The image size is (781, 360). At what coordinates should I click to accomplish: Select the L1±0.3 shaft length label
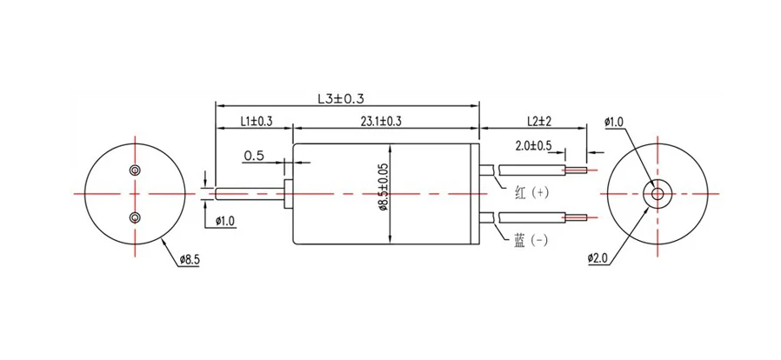coord(256,123)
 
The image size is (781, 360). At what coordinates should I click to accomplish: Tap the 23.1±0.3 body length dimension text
coord(385,123)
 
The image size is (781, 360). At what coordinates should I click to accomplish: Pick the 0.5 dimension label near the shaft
coord(254,156)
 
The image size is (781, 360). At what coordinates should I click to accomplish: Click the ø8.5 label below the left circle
coord(190,258)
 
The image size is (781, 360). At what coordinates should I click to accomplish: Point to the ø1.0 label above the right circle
coord(613,123)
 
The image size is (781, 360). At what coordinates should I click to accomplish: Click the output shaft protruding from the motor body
coord(248,192)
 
